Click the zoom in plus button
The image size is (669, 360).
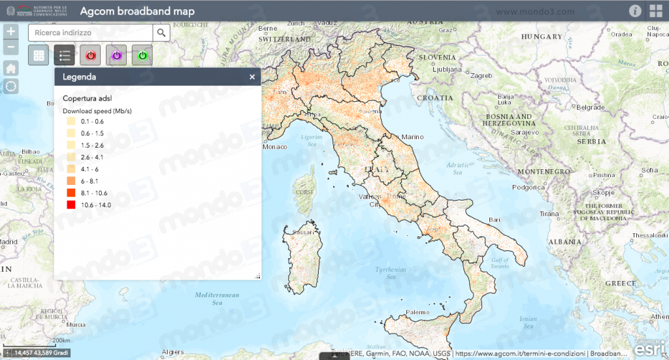(x=10, y=31)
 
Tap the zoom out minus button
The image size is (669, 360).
(x=10, y=47)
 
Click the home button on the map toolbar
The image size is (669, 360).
(x=10, y=69)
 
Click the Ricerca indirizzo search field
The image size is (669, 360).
(x=90, y=32)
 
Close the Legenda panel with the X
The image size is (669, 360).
(x=252, y=77)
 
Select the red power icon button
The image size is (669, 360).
(x=90, y=56)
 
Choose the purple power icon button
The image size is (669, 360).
(x=116, y=56)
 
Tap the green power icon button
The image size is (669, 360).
(x=142, y=56)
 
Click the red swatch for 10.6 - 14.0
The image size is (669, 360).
(x=71, y=205)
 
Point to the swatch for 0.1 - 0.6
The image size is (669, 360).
(x=71, y=122)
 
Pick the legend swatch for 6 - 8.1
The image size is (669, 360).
(x=71, y=181)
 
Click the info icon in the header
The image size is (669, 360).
(x=634, y=10)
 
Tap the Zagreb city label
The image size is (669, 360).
(x=481, y=76)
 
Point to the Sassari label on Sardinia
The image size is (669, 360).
(x=302, y=232)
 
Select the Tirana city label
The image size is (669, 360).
(x=549, y=214)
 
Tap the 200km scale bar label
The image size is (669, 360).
(x=61, y=340)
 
